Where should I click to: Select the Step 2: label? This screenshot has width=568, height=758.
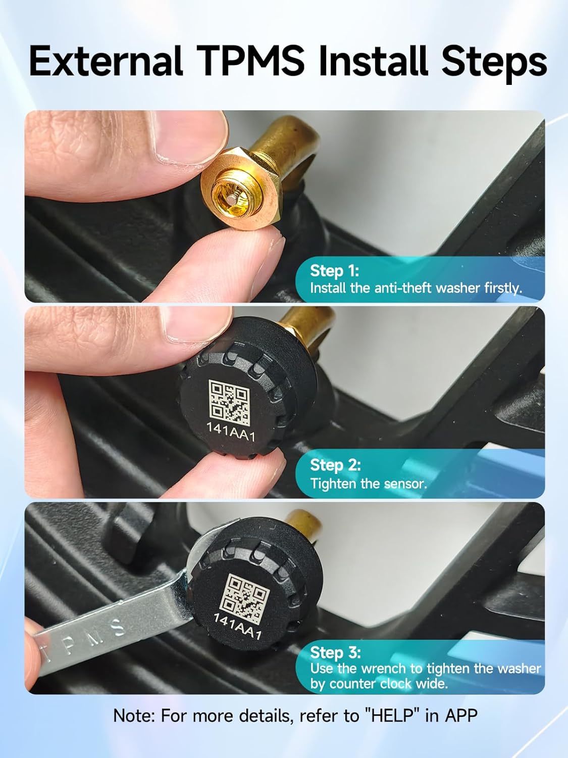tap(335, 464)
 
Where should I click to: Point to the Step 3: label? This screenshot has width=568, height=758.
tap(335, 652)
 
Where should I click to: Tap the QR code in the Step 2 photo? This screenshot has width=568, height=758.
tap(229, 402)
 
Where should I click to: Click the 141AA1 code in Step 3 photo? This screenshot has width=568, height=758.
tap(237, 627)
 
